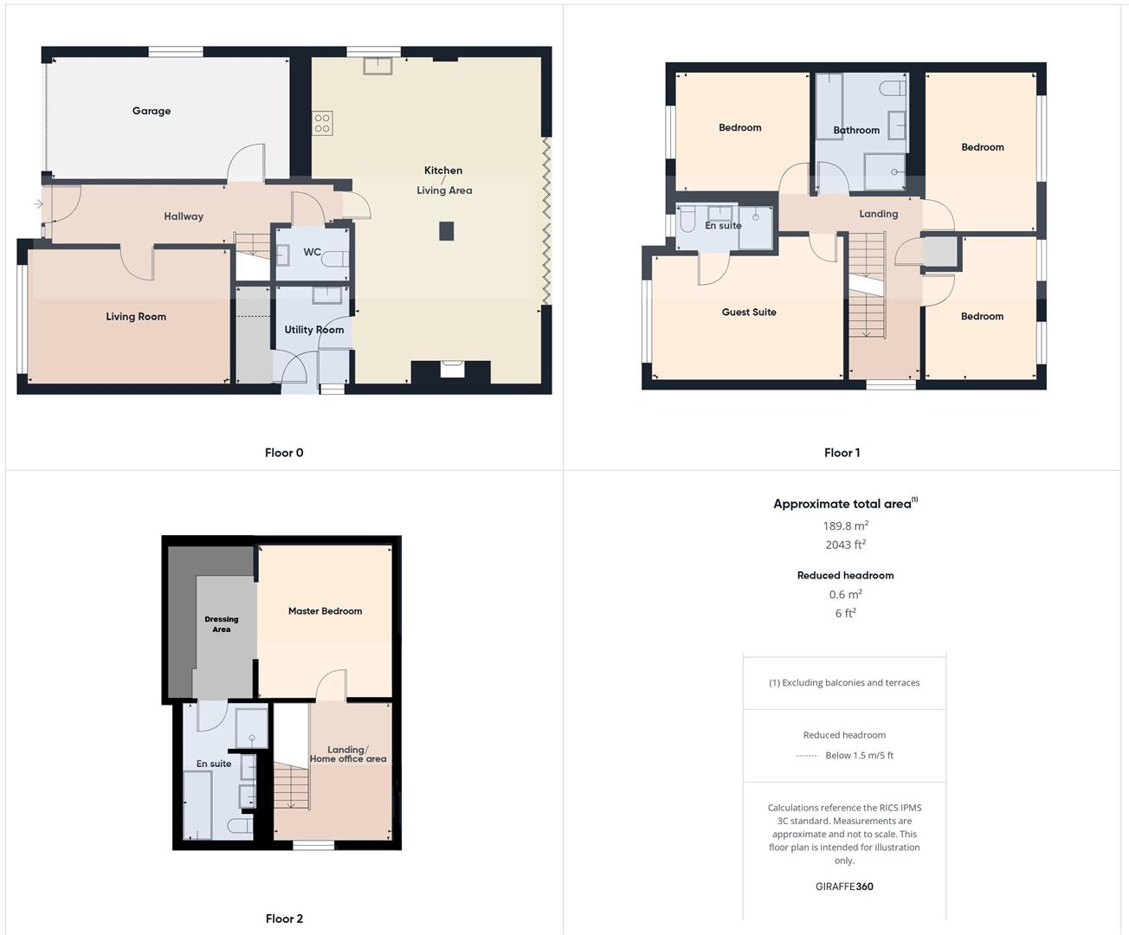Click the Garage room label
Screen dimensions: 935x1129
152,111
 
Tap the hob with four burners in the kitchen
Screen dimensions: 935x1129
322,123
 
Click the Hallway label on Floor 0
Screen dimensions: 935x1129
184,216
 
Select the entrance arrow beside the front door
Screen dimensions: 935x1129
38,204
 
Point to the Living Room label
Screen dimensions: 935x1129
136,317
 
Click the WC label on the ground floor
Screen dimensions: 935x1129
312,253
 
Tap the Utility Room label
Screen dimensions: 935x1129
314,330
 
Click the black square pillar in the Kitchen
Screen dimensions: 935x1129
447,230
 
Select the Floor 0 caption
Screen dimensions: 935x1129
284,453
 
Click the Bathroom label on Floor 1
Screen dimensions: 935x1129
856,131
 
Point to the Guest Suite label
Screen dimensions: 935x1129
749,313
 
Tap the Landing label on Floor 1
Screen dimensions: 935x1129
878,214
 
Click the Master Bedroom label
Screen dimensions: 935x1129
325,611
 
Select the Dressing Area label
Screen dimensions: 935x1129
222,624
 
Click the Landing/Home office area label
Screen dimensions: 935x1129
348,754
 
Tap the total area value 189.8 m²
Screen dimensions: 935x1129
845,526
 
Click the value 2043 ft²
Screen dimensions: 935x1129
845,545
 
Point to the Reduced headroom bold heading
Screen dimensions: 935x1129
845,576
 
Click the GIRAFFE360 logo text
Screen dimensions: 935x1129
844,887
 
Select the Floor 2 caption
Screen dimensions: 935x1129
284,919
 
